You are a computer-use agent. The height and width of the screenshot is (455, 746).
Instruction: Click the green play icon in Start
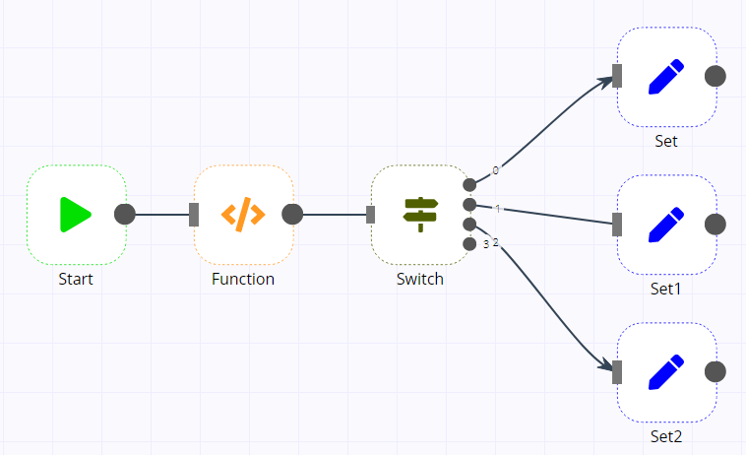pos(76,215)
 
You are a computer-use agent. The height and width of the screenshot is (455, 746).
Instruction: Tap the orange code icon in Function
pos(243,215)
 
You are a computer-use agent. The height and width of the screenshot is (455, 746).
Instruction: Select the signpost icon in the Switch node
pos(420,215)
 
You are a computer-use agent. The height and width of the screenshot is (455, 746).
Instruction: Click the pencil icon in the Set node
pos(666,77)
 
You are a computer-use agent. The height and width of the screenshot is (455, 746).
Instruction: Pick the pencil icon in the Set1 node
pos(666,225)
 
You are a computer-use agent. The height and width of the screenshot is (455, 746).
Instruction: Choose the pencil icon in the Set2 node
pos(666,372)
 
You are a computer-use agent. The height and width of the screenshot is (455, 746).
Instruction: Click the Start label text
pos(76,279)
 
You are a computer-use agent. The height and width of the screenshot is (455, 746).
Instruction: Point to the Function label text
pos(243,279)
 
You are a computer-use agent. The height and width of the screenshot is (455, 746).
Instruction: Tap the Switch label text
pos(420,279)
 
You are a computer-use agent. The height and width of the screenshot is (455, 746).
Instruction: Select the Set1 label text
pos(666,290)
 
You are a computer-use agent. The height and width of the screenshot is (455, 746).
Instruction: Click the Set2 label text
pos(666,436)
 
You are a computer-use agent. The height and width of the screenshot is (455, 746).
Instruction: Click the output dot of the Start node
pos(125,215)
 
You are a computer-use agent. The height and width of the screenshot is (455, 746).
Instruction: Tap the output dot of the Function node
pos(292,215)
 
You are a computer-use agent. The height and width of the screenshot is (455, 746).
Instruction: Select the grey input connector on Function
pos(194,215)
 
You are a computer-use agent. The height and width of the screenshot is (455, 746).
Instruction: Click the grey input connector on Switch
pos(371,215)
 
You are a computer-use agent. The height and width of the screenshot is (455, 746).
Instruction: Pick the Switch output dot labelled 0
pos(469,185)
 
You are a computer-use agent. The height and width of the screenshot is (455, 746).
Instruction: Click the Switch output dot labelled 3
pos(469,243)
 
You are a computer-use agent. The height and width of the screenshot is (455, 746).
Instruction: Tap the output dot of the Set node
pos(715,77)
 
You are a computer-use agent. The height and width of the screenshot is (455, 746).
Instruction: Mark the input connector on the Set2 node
pos(617,372)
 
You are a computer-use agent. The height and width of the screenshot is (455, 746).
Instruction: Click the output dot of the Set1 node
pos(715,225)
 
